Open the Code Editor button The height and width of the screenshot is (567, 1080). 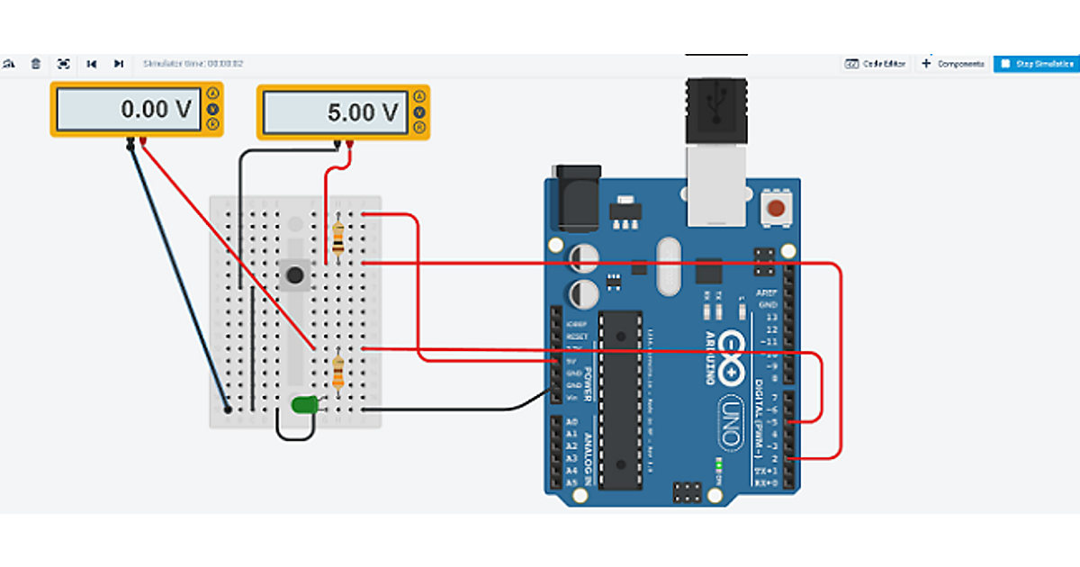tap(876, 64)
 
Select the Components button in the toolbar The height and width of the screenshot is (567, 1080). tap(952, 64)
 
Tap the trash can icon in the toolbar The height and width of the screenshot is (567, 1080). tap(36, 64)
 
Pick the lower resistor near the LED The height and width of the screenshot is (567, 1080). tap(337, 371)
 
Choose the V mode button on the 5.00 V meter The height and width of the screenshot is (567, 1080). tap(419, 112)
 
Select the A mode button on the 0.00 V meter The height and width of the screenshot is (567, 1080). tap(213, 94)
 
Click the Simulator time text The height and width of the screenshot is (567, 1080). tap(193, 64)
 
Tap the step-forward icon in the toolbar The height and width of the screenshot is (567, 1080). tap(118, 64)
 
